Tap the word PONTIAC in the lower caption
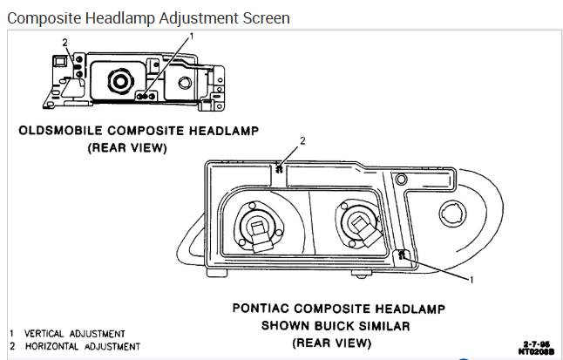coord(266,309)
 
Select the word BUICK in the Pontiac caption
coord(345,326)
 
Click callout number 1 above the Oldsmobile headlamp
coord(191,36)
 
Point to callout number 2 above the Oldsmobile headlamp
coord(64,42)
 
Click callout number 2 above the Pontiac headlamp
coord(302,140)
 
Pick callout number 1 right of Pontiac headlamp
coord(471,280)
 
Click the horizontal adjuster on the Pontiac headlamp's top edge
coord(278,169)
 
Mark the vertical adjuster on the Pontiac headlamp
coord(403,256)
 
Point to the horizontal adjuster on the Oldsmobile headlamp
coord(78,63)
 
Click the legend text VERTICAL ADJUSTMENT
coord(75,334)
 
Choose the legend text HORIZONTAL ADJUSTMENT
coord(82,346)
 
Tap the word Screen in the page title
coord(261,17)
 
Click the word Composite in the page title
coord(43,17)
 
